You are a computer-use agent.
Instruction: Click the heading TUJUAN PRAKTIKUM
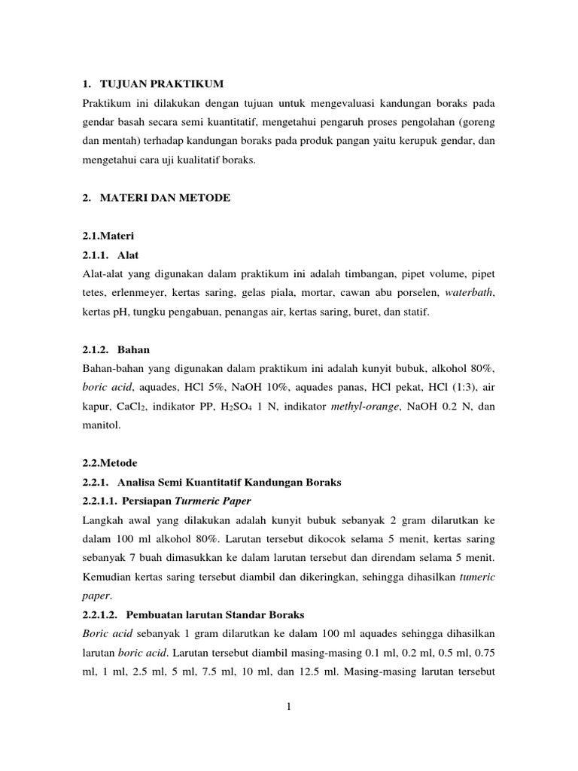[x=166, y=82]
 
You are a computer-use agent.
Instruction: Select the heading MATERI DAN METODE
[x=166, y=197]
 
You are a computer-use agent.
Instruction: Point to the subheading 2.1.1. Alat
[x=111, y=254]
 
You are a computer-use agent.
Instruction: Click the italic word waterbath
[x=470, y=292]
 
